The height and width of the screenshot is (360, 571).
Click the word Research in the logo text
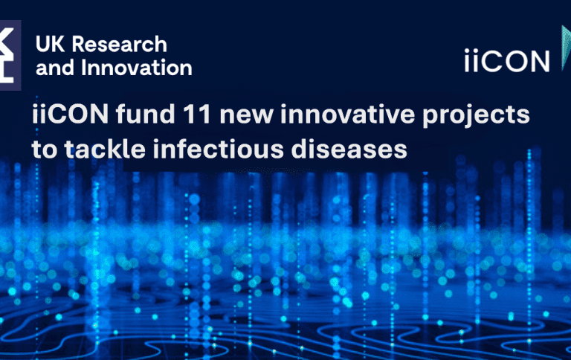pyautogui.click(x=120, y=45)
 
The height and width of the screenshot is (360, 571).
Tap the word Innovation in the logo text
pyautogui.click(x=137, y=68)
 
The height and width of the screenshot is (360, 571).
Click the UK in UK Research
pyautogui.click(x=51, y=45)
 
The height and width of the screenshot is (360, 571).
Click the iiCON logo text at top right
pyautogui.click(x=507, y=61)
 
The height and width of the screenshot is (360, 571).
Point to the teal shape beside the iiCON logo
pyautogui.click(x=566, y=48)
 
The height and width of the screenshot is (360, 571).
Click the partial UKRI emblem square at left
pyautogui.click(x=10, y=55)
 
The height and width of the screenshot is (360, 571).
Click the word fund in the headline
pyautogui.click(x=145, y=114)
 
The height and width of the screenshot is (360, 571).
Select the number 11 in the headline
pyautogui.click(x=198, y=114)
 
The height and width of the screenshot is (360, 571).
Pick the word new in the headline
pyautogui.click(x=246, y=116)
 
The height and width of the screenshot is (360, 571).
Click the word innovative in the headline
pyautogui.click(x=348, y=114)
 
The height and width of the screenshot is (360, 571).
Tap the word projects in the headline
pyautogui.click(x=477, y=116)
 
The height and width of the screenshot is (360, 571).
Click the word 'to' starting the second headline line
pyautogui.click(x=45, y=150)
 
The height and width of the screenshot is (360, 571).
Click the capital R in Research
pyautogui.click(x=79, y=45)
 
